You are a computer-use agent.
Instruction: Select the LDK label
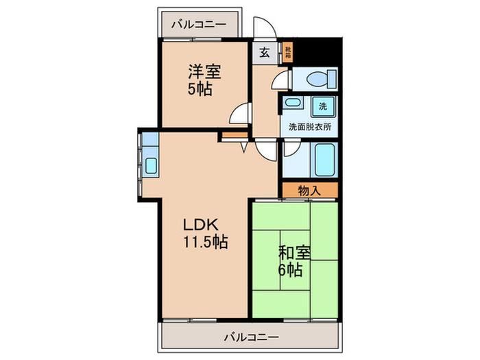[200, 224]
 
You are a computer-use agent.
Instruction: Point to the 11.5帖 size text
[205, 241]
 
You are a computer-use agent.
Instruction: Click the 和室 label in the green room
[295, 252]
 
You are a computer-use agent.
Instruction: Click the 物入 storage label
[309, 191]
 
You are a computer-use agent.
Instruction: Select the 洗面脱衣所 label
[308, 128]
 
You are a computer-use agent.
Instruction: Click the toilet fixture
[317, 80]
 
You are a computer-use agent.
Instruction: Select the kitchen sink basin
[151, 165]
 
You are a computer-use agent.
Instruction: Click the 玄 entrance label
[265, 51]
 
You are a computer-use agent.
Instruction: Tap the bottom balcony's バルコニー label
[250, 337]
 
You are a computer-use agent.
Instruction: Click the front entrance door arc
[264, 27]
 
